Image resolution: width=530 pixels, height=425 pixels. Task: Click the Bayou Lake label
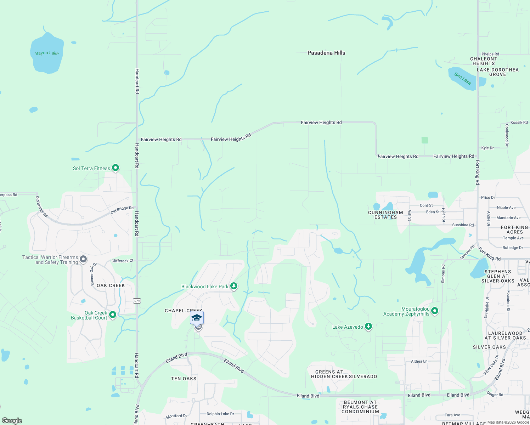click(x=47, y=53)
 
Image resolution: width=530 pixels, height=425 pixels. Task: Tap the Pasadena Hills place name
click(x=326, y=53)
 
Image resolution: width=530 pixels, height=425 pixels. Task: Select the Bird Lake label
click(x=463, y=79)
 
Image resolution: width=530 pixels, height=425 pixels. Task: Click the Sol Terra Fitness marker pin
click(x=115, y=168)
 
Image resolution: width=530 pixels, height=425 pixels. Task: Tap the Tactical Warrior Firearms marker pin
click(x=83, y=259)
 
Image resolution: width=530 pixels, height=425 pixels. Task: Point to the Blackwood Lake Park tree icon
click(x=233, y=286)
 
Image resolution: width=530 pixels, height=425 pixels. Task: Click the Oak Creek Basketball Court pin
click(x=113, y=314)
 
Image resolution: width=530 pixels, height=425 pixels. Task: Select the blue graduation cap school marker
click(x=197, y=318)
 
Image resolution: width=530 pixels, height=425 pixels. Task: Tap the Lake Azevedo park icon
click(x=368, y=327)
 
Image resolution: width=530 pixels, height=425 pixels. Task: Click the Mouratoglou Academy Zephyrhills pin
click(x=435, y=311)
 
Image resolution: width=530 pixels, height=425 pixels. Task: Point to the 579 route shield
click(x=137, y=301)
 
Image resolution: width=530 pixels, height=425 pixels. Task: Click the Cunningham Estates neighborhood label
click(x=385, y=215)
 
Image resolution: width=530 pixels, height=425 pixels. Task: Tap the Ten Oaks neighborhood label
click(x=184, y=379)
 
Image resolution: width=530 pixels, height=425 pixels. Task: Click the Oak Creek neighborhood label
click(x=111, y=285)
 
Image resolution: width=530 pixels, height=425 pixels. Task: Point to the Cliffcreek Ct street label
click(x=122, y=261)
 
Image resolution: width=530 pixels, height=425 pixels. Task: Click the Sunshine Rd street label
click(x=463, y=225)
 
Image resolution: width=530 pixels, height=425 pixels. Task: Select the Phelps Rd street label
click(x=490, y=54)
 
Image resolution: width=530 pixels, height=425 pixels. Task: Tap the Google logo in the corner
click(x=12, y=421)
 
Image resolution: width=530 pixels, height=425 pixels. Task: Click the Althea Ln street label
click(x=419, y=362)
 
